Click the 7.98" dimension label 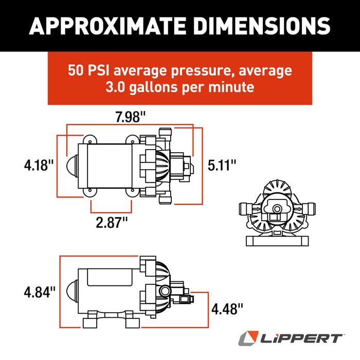130,117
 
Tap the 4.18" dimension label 39,166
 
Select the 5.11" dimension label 222,165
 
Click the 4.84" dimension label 39,292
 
